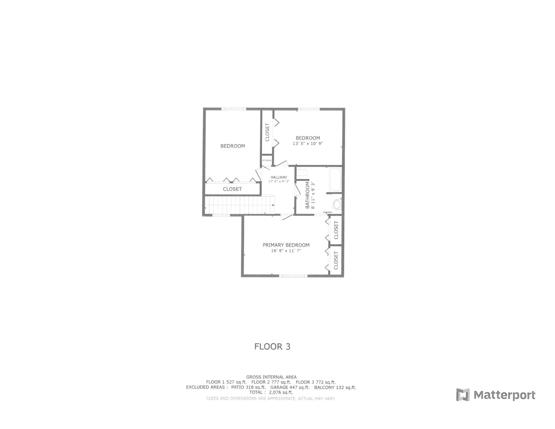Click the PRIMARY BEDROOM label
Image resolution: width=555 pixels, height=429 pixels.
[286, 245]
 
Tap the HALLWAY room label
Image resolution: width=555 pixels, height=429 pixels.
[279, 177]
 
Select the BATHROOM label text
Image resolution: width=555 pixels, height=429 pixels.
[307, 195]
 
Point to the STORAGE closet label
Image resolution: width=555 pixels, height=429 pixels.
[267, 160]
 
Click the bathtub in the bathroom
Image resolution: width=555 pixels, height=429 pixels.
[335, 179]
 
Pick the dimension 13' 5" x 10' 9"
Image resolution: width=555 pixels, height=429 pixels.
[308, 144]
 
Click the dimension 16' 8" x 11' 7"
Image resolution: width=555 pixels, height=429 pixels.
[286, 251]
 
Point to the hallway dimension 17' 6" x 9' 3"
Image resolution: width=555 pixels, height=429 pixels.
[279, 182]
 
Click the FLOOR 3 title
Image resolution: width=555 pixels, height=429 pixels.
[272, 347]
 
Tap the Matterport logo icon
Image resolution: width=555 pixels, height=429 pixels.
[463, 395]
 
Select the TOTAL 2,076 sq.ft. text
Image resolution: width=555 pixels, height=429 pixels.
[271, 392]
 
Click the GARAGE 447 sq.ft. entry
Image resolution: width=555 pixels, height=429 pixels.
[290, 387]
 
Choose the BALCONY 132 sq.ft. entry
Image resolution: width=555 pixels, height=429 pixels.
[335, 387]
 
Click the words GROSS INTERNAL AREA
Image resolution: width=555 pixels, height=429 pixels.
[271, 377]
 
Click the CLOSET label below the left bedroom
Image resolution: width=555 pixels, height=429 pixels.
[232, 189]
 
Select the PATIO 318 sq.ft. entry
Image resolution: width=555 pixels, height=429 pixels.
[248, 387]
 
